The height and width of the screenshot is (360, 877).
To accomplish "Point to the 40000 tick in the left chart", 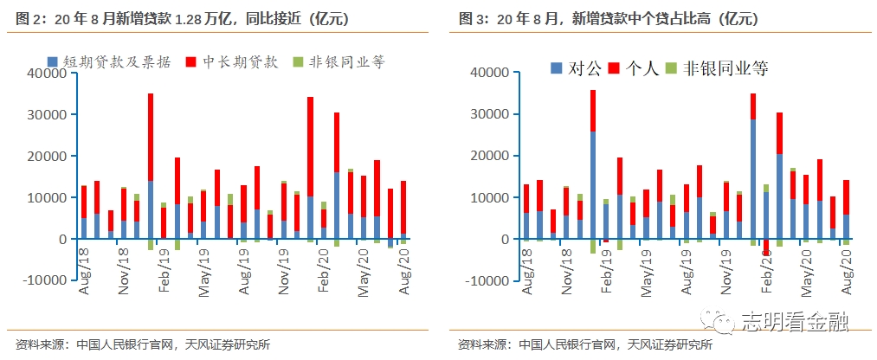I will point(49,74).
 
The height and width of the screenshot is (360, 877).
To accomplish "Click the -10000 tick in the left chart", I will point(46,280).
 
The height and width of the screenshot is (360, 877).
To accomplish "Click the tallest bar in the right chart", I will point(593,164).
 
